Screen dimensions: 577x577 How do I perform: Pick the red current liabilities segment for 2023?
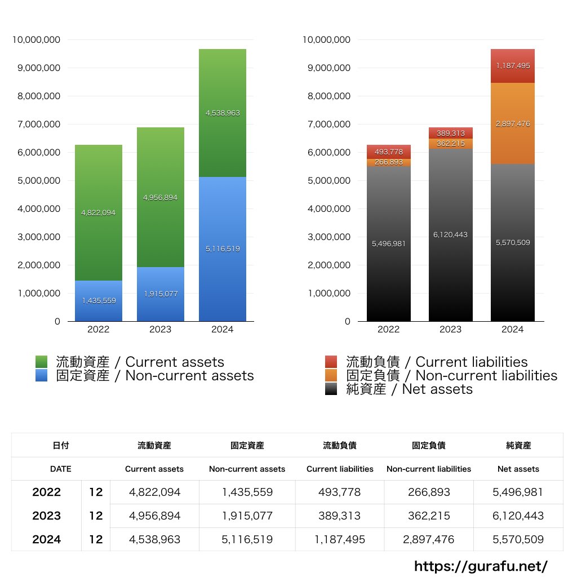[450, 133]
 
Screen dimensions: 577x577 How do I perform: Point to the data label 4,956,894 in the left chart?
[161, 198]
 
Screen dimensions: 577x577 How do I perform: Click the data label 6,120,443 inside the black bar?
[450, 234]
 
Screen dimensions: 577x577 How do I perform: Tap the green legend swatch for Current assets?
[41, 362]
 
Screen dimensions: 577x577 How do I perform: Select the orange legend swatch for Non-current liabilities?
[331, 375]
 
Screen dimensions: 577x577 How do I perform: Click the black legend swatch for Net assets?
[331, 389]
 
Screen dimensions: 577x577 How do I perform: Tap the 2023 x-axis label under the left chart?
[160, 329]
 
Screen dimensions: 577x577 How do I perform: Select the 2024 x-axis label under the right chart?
[512, 329]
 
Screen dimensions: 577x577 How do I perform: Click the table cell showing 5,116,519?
[247, 539]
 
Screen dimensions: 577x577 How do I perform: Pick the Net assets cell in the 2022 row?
[518, 492]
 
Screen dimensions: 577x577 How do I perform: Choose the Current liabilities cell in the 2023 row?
[340, 516]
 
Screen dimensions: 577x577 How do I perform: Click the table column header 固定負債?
[428, 445]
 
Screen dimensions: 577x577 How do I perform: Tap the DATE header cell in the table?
[61, 469]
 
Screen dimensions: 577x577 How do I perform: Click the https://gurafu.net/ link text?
[481, 566]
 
